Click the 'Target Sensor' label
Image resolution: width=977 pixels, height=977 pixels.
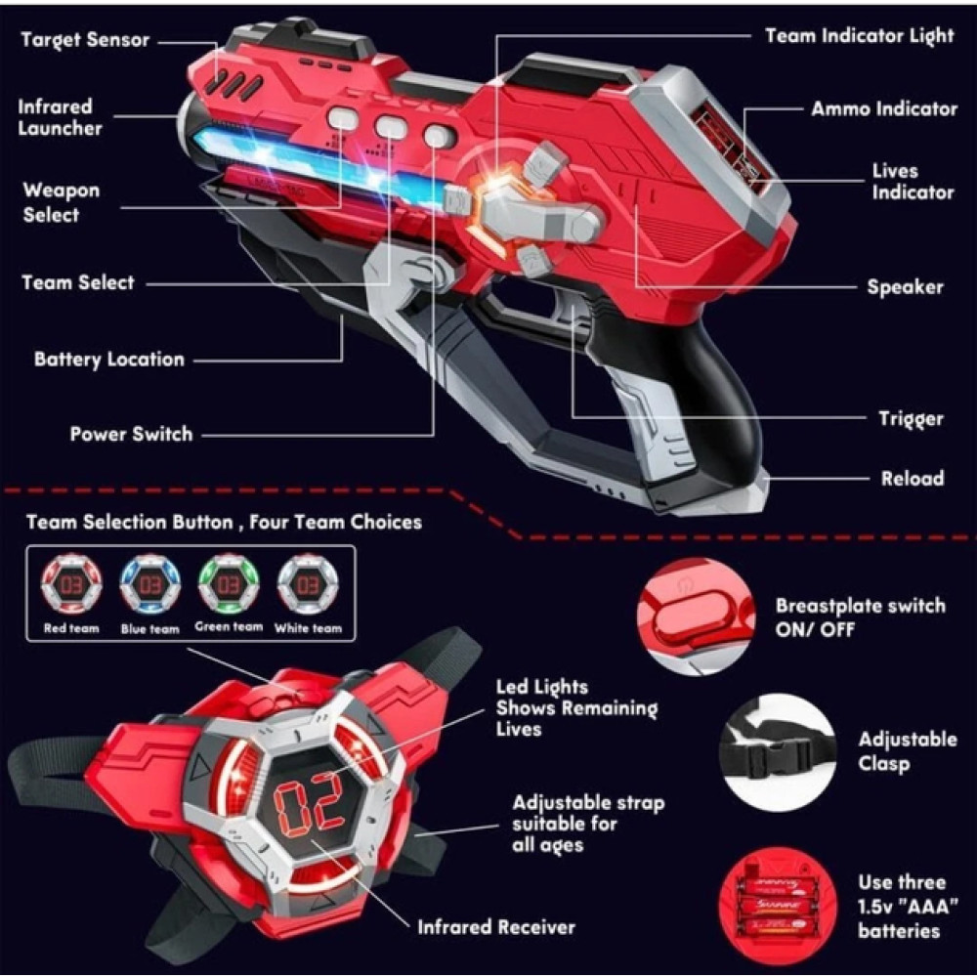85,40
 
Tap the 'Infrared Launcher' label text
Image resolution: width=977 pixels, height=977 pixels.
60,117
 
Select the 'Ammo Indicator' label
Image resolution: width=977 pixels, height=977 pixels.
883,108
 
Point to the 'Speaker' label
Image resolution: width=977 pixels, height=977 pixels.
905,287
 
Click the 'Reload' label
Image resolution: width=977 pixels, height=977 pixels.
911,478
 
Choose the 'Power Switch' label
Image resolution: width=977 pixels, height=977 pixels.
131,434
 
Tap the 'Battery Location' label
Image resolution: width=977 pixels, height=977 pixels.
108,359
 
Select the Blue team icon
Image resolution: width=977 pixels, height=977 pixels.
150,585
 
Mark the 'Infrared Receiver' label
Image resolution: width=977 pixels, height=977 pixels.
496,926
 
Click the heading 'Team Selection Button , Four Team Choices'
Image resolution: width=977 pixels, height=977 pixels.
224,522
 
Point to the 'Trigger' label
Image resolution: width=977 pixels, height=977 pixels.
911,419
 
